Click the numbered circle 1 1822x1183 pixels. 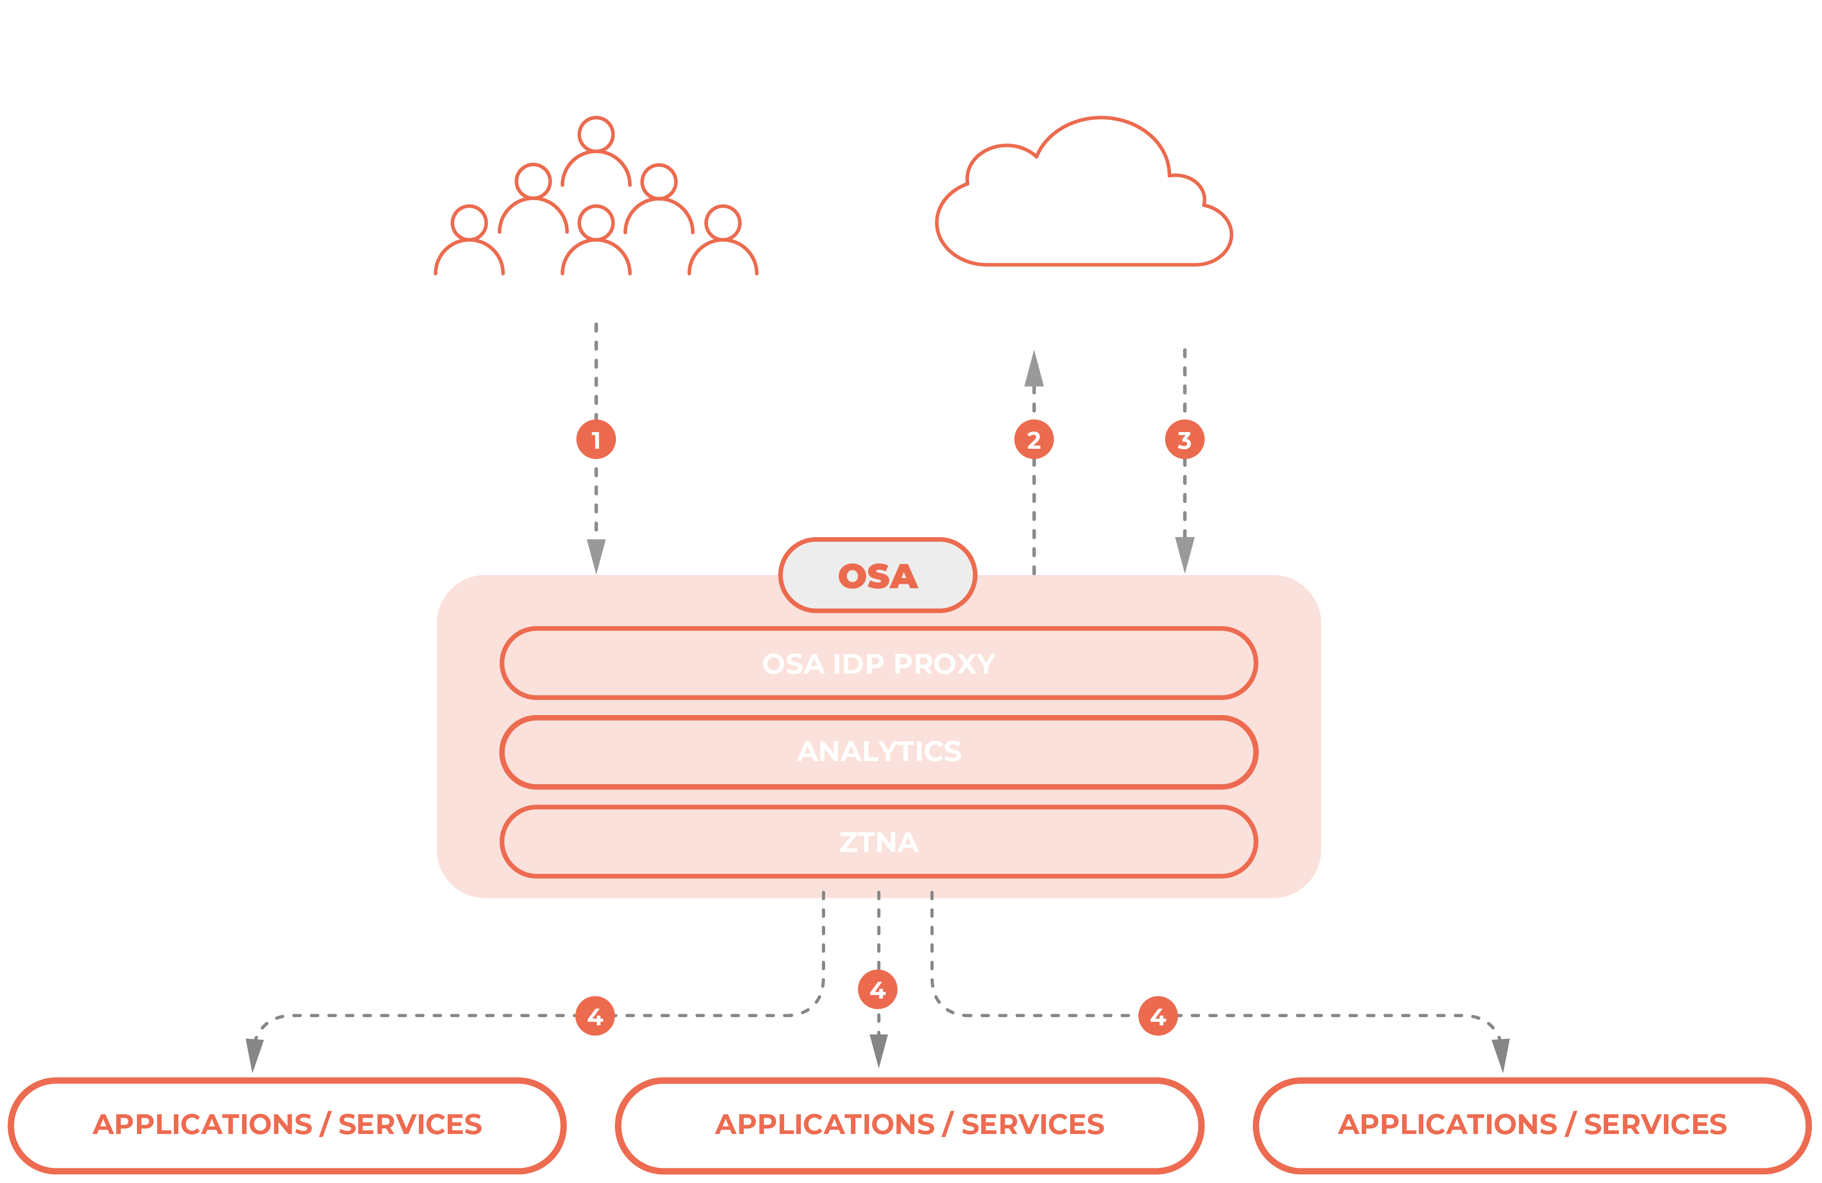[596, 440]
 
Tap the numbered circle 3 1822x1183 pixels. [1184, 440]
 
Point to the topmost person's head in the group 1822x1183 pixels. [596, 134]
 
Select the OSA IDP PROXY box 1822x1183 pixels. [878, 663]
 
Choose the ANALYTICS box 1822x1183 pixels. [878, 752]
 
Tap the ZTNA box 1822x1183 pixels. [878, 841]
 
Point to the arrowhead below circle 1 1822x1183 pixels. [596, 556]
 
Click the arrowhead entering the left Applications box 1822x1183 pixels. [254, 1055]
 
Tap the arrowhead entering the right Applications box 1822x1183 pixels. [1501, 1055]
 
